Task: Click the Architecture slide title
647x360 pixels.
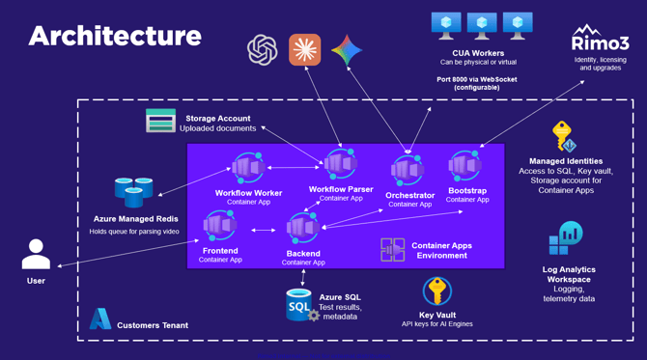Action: [x=115, y=36]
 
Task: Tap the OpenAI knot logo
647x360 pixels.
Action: [x=262, y=50]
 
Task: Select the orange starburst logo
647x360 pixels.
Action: [x=305, y=50]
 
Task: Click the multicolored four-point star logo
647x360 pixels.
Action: [x=347, y=50]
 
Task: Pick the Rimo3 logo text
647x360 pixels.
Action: [x=601, y=42]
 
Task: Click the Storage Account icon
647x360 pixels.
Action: [x=160, y=121]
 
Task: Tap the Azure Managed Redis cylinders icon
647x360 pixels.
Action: [x=133, y=192]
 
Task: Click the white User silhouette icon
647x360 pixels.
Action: [x=36, y=254]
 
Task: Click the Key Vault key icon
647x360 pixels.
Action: [x=437, y=291]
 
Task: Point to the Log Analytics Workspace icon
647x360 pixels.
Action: [x=566, y=238]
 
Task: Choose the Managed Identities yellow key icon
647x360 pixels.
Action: [x=564, y=136]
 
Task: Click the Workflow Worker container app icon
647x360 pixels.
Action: [x=248, y=167]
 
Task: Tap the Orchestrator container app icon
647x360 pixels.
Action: [x=408, y=170]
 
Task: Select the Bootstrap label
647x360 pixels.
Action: [x=467, y=190]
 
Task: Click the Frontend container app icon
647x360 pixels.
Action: [x=220, y=226]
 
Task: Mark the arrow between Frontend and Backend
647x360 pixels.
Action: [x=264, y=230]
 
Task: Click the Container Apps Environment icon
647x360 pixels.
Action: [x=392, y=249]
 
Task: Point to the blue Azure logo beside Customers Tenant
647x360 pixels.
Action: [x=100, y=318]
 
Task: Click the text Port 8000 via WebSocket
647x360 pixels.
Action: [x=477, y=79]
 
